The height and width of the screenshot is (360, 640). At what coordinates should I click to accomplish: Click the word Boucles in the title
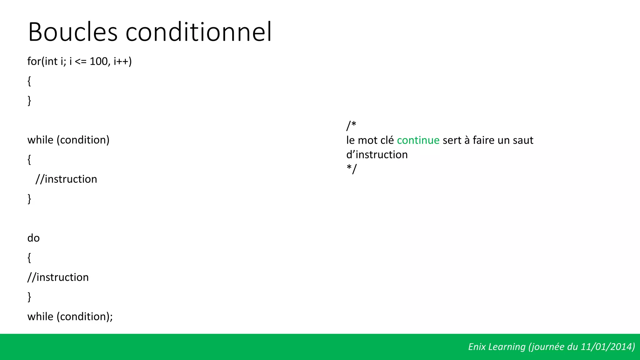(x=72, y=32)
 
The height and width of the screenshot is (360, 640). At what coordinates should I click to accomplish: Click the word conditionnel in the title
(x=198, y=32)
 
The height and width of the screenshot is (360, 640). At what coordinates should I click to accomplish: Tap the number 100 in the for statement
(x=98, y=61)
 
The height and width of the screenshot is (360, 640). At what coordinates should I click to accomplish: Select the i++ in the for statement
(x=122, y=61)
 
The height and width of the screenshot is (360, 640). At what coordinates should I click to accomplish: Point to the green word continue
(x=418, y=140)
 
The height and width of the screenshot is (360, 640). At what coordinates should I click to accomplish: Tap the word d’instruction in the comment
(x=377, y=155)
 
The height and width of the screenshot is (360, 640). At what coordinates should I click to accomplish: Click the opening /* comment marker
(x=351, y=126)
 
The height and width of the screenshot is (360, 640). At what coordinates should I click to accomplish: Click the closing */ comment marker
(x=351, y=169)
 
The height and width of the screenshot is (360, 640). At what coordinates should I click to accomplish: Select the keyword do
(x=33, y=238)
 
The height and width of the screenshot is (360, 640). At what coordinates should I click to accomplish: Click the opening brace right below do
(x=29, y=258)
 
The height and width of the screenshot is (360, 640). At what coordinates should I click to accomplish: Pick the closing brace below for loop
(x=29, y=101)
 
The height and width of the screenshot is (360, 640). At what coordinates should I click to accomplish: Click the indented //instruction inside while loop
(x=66, y=179)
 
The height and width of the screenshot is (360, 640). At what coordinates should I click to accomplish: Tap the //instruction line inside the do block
(x=58, y=277)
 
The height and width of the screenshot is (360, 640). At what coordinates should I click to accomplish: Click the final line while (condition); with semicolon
(x=70, y=317)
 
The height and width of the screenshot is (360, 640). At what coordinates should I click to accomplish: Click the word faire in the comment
(x=483, y=140)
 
